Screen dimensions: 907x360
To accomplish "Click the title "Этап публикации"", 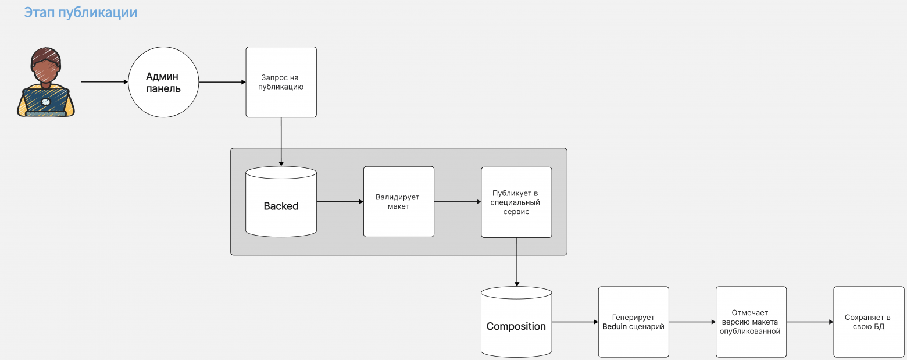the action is pos(81,13).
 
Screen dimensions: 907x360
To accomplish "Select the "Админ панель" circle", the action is pos(163,82).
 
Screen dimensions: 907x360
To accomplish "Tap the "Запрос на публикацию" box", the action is pos(281,82).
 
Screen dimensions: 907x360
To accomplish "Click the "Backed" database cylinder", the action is pos(281,202).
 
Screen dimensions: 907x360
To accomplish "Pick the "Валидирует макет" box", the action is pos(399,202).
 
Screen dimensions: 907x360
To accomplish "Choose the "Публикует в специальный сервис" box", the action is pos(516,202).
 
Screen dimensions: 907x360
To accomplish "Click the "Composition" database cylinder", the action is pos(516,322).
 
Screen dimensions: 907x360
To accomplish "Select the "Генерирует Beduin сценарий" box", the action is pos(634,322).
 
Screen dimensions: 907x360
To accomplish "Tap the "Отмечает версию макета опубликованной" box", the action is pos(751,322).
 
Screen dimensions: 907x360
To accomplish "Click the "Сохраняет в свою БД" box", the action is pos(869,322).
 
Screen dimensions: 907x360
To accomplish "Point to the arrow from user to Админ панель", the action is pos(105,82).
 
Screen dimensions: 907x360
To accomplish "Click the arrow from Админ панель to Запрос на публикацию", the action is pos(222,82).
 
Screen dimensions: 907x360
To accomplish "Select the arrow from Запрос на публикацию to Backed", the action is pos(281,142).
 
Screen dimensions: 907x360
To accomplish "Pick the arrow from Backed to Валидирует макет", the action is pos(340,202).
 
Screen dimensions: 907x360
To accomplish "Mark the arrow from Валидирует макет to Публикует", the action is pos(458,202).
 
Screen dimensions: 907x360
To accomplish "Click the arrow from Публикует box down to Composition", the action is pos(517,262).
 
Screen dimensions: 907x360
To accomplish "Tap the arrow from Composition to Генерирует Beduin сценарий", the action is pos(575,322).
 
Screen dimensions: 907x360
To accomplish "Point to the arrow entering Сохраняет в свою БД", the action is pos(810,322).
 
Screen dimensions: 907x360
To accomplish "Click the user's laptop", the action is pos(46,102).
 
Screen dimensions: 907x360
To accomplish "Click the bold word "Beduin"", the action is pos(614,326).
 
